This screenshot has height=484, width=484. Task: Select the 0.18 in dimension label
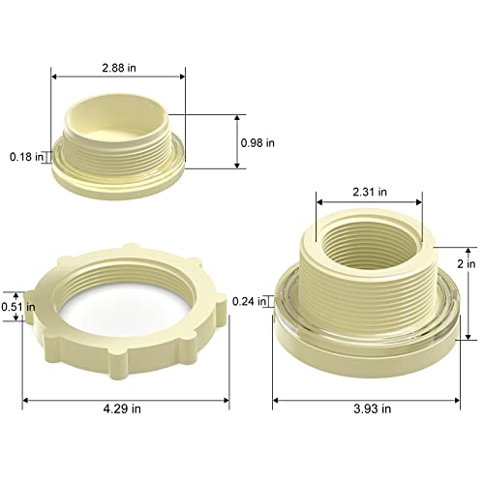click(26, 156)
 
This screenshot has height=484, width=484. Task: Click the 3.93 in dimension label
click(372, 409)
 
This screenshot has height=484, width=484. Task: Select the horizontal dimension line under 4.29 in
click(126, 396)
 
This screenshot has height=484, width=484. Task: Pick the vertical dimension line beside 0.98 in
click(238, 141)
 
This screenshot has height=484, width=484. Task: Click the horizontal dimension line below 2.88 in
click(117, 76)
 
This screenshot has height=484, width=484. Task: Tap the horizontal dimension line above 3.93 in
click(372, 396)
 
